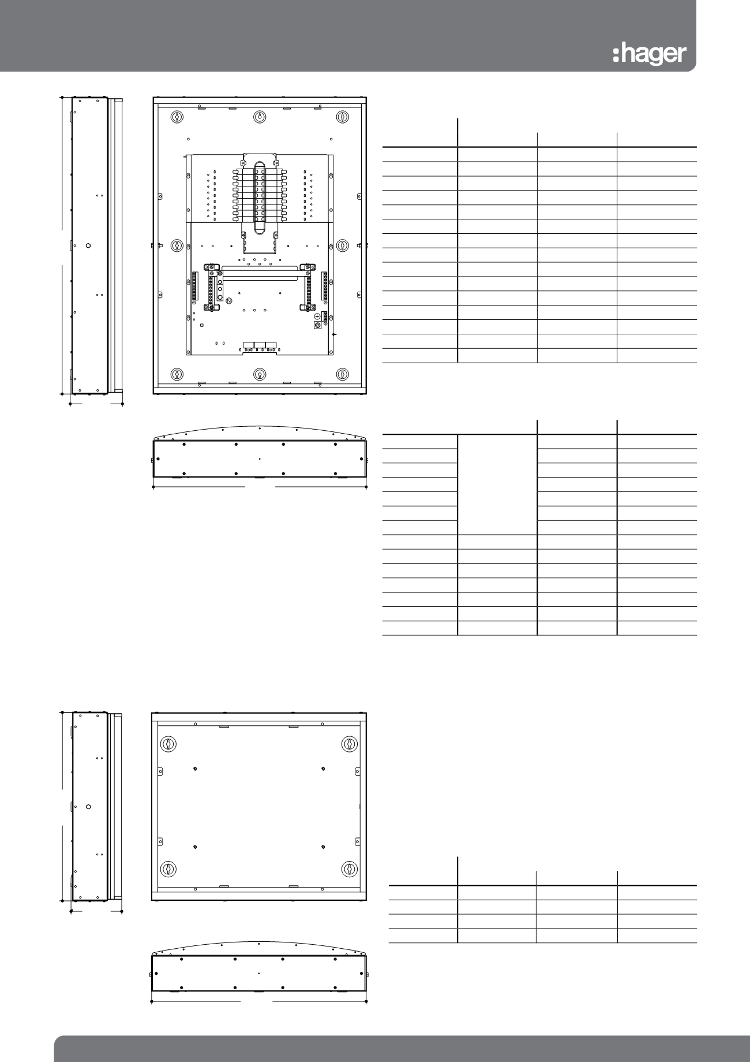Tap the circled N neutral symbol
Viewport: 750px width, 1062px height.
(228, 301)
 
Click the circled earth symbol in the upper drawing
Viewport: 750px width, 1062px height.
(317, 316)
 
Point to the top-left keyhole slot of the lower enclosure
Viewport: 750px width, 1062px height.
(168, 744)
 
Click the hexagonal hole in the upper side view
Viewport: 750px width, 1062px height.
(87, 245)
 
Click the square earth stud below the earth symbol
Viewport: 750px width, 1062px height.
(317, 326)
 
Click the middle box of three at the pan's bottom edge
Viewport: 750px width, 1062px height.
(260, 345)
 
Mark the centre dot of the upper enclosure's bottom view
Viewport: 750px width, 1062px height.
(260, 459)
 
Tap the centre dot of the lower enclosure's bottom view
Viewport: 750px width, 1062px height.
(259, 974)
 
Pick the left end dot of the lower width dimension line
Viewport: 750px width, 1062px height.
(151, 1001)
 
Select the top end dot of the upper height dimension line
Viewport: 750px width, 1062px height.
(62, 97)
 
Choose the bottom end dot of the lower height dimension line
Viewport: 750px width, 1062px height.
(62, 900)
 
